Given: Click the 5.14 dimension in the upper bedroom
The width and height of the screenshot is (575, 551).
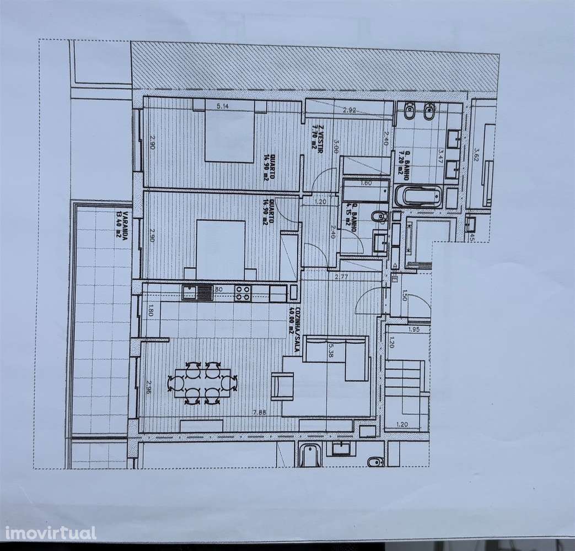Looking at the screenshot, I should [223, 106].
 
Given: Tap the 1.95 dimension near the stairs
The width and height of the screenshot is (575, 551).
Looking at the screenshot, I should [414, 329].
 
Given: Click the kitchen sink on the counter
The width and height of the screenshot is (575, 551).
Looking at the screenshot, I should [197, 292].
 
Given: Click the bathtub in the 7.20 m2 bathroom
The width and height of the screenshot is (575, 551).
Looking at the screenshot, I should [418, 196].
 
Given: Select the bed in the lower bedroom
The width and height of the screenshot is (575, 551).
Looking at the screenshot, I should [221, 249].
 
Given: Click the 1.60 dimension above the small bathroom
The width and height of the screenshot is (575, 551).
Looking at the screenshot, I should [366, 183].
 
